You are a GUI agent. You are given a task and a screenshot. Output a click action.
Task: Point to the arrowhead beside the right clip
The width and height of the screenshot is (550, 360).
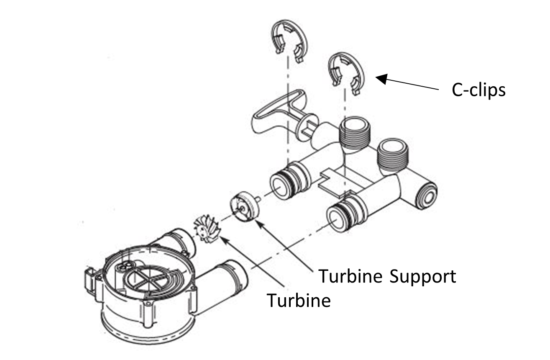(380, 78)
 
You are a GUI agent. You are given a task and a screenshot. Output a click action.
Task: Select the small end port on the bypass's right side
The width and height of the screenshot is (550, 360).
(427, 194)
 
